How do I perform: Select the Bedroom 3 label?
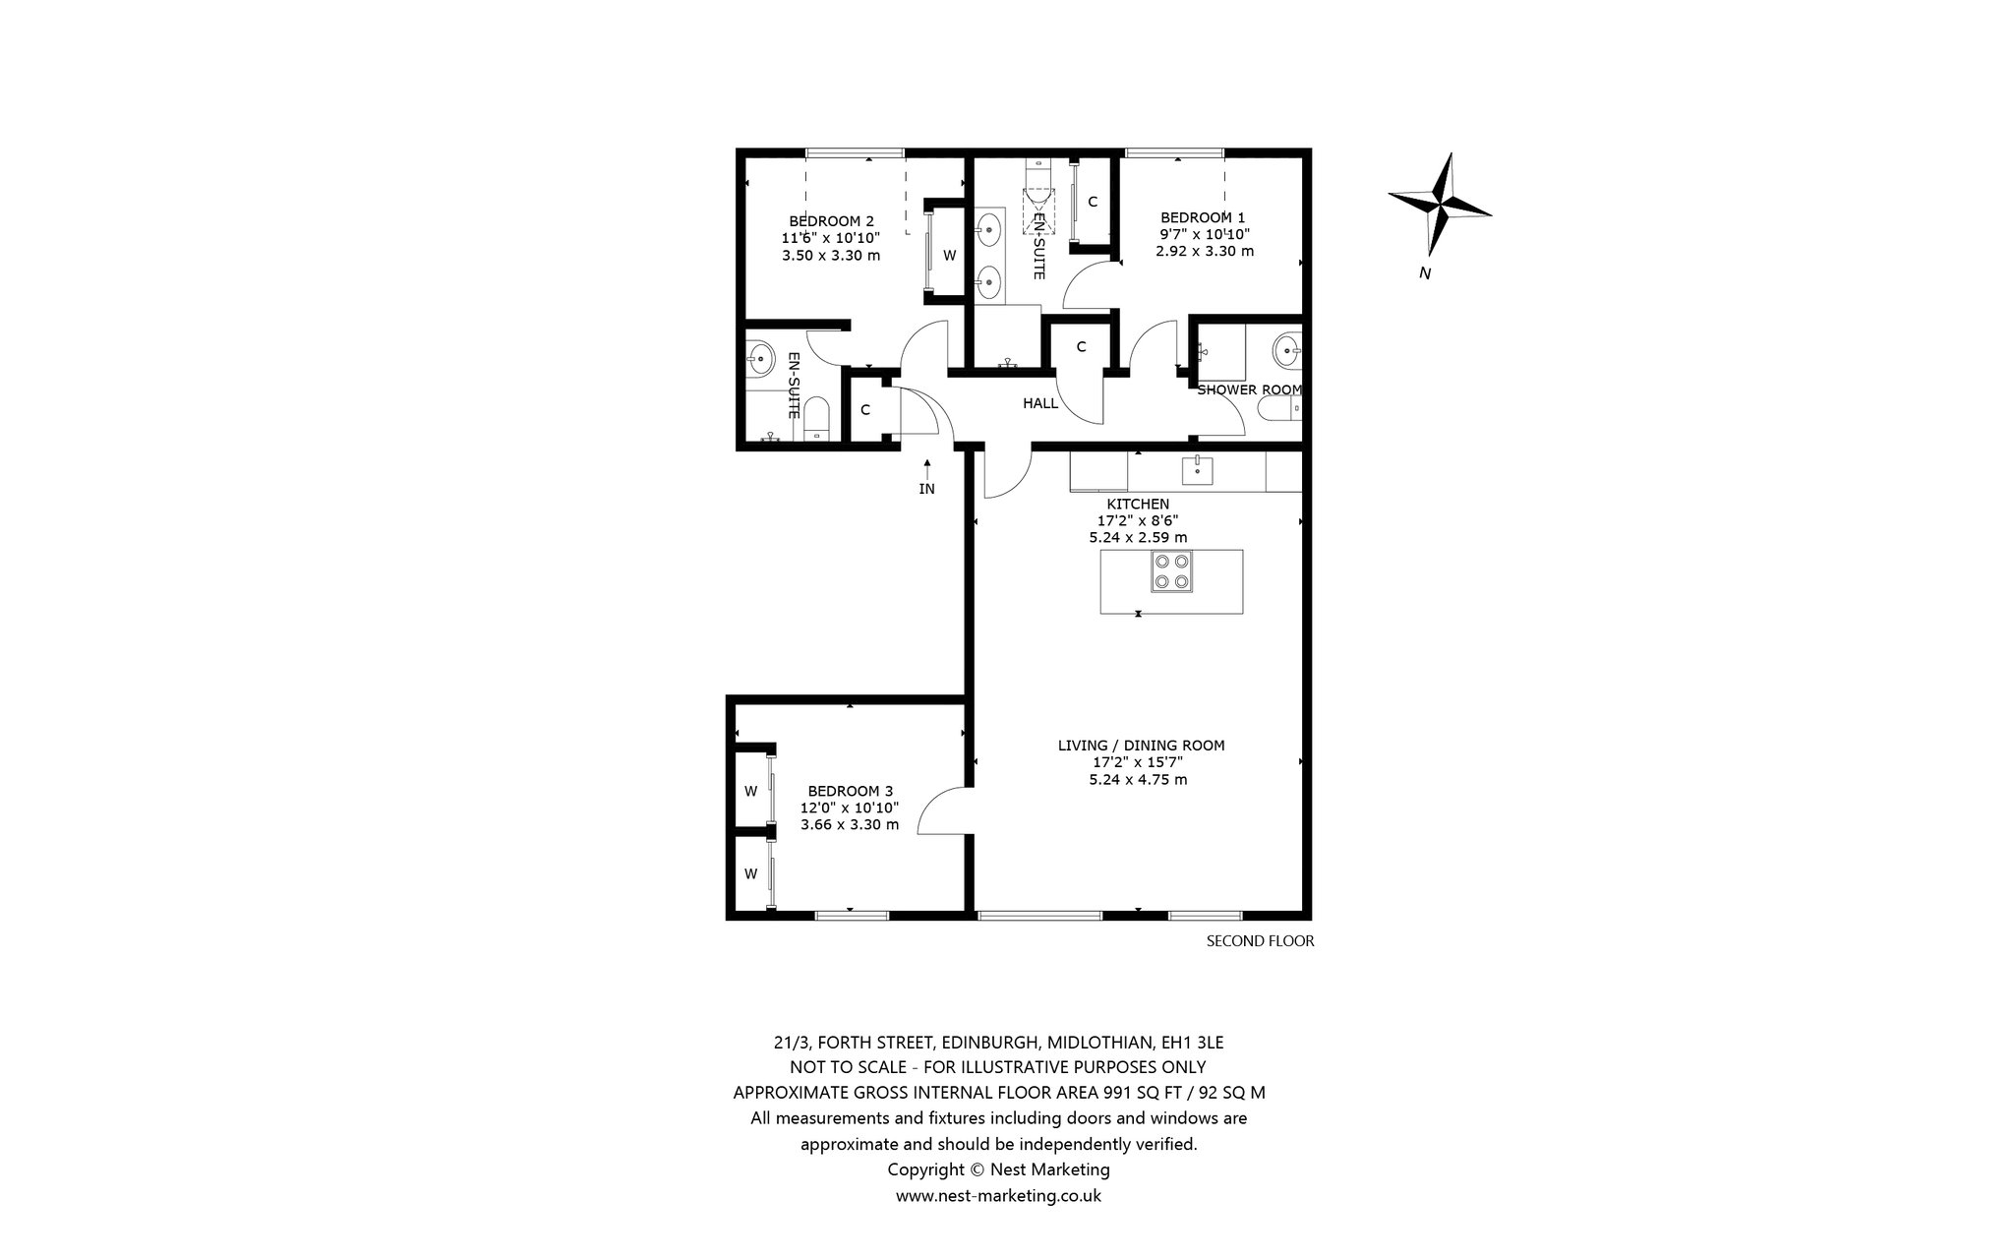[x=850, y=791]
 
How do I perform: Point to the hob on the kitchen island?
[x=1172, y=571]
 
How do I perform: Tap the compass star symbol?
[x=1440, y=204]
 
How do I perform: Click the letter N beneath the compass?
[x=1425, y=273]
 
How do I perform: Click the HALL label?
[x=1040, y=403]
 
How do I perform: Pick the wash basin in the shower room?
[x=1287, y=349]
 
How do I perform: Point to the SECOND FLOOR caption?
[x=1260, y=941]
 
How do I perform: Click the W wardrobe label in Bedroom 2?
[x=949, y=256]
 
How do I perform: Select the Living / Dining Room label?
[x=1141, y=746]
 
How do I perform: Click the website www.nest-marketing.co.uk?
[x=998, y=1196]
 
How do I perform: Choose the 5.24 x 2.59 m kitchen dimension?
[x=1138, y=538]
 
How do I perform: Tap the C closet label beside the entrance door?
[x=865, y=410]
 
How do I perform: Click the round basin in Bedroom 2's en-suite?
[x=761, y=358]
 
